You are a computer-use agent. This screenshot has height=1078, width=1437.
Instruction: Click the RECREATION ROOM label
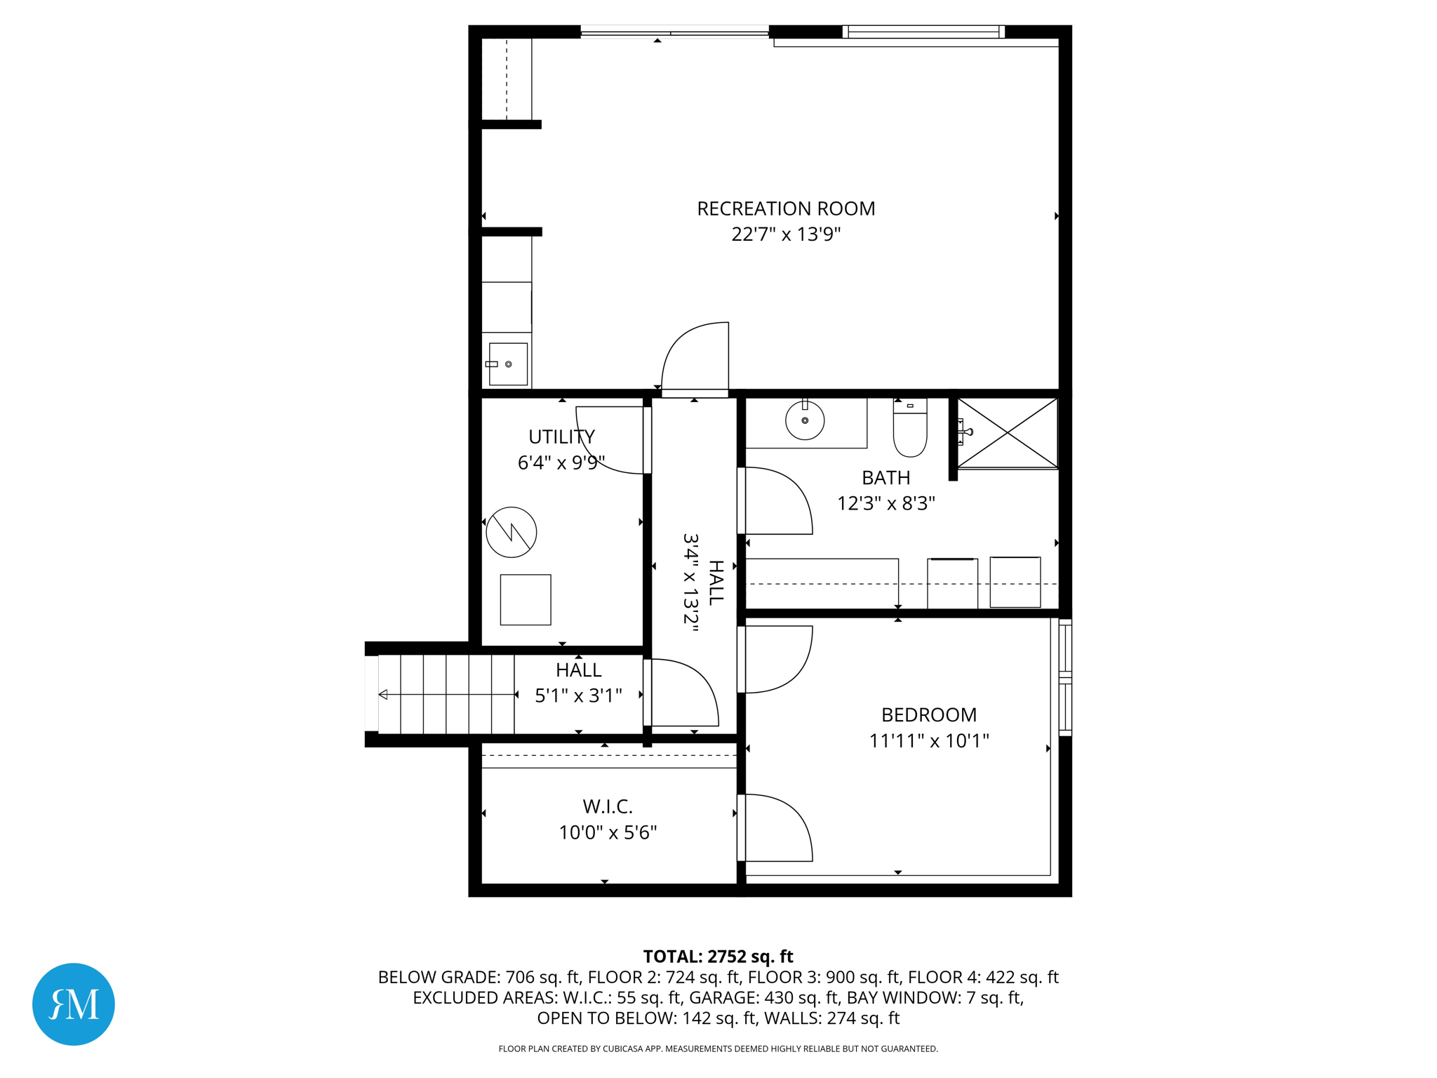(x=786, y=208)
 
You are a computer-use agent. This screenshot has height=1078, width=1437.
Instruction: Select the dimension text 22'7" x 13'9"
(x=786, y=234)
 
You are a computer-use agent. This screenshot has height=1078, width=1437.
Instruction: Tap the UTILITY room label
(x=561, y=437)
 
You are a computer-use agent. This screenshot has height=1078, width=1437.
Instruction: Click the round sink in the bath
(x=804, y=420)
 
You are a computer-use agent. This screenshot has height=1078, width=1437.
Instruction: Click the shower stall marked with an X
(x=1007, y=432)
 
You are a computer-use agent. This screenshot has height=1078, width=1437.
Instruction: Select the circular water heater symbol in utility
(x=512, y=532)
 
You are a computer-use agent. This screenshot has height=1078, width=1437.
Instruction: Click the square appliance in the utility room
(x=526, y=599)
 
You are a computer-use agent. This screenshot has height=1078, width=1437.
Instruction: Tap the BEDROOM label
(x=928, y=714)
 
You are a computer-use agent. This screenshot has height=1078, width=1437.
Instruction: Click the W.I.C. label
(x=608, y=806)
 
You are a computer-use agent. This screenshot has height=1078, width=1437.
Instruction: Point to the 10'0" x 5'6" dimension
(x=608, y=832)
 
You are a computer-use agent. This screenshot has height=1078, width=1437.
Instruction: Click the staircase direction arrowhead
(x=383, y=695)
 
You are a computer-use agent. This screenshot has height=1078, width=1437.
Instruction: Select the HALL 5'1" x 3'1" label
(x=578, y=682)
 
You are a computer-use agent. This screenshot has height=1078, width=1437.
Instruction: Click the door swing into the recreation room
(x=695, y=358)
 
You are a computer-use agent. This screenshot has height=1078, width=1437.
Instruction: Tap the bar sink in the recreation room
(x=507, y=364)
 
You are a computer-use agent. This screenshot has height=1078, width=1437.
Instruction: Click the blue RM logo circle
(x=74, y=1004)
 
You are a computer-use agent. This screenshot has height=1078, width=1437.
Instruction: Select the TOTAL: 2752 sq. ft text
(x=718, y=957)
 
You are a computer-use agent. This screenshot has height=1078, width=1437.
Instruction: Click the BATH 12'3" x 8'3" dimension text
(x=885, y=503)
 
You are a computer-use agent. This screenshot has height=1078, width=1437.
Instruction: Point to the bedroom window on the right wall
(x=1065, y=677)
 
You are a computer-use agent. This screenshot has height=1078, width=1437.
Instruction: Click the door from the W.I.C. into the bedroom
(x=775, y=828)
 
